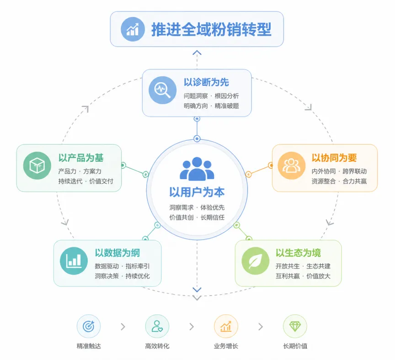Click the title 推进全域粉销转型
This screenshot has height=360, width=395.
pyautogui.click(x=211, y=29)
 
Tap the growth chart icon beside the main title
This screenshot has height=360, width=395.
pyautogui.click(x=133, y=29)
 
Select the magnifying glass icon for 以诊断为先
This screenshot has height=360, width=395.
pyautogui.click(x=162, y=90)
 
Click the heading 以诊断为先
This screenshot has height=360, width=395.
pyautogui.click(x=206, y=82)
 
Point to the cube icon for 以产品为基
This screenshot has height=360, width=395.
pyautogui.click(x=37, y=165)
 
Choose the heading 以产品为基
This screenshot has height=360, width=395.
pyautogui.click(x=81, y=158)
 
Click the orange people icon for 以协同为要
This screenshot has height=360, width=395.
pyautogui.click(x=292, y=165)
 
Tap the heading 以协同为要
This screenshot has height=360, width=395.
pyautogui.click(x=334, y=158)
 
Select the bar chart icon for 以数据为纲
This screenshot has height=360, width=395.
pyautogui.click(x=74, y=260)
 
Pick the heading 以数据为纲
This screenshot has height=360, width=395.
pyautogui.click(x=117, y=253)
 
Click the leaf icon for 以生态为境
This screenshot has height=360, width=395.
pyautogui.click(x=256, y=260)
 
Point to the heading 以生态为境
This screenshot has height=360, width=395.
pyautogui.click(x=298, y=253)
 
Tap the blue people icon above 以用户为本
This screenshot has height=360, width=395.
pyautogui.click(x=197, y=169)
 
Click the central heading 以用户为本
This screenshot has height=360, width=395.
pyautogui.click(x=197, y=192)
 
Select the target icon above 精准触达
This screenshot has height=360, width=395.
pyautogui.click(x=89, y=326)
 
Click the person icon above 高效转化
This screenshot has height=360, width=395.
pyautogui.click(x=157, y=326)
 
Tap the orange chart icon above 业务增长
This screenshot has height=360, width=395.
pyautogui.click(x=226, y=326)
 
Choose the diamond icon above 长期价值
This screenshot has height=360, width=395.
pyautogui.click(x=295, y=326)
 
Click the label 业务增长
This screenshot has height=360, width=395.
pyautogui.click(x=226, y=346)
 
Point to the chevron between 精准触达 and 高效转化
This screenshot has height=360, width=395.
pyautogui.click(x=123, y=327)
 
